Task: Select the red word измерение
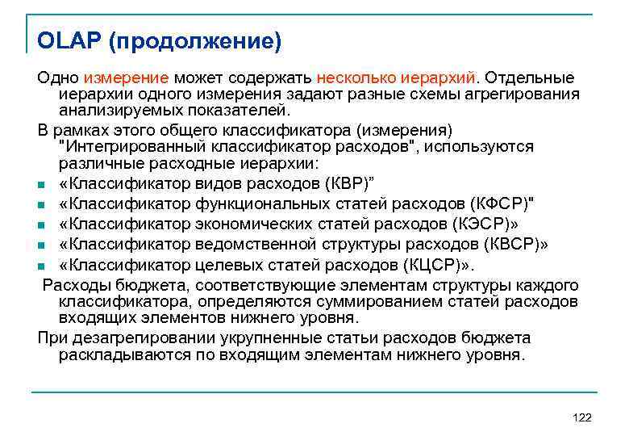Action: (126, 78)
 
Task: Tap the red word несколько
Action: (356, 78)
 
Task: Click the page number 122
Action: (581, 417)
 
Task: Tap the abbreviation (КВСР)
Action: (510, 244)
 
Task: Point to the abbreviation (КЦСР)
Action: (446, 265)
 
